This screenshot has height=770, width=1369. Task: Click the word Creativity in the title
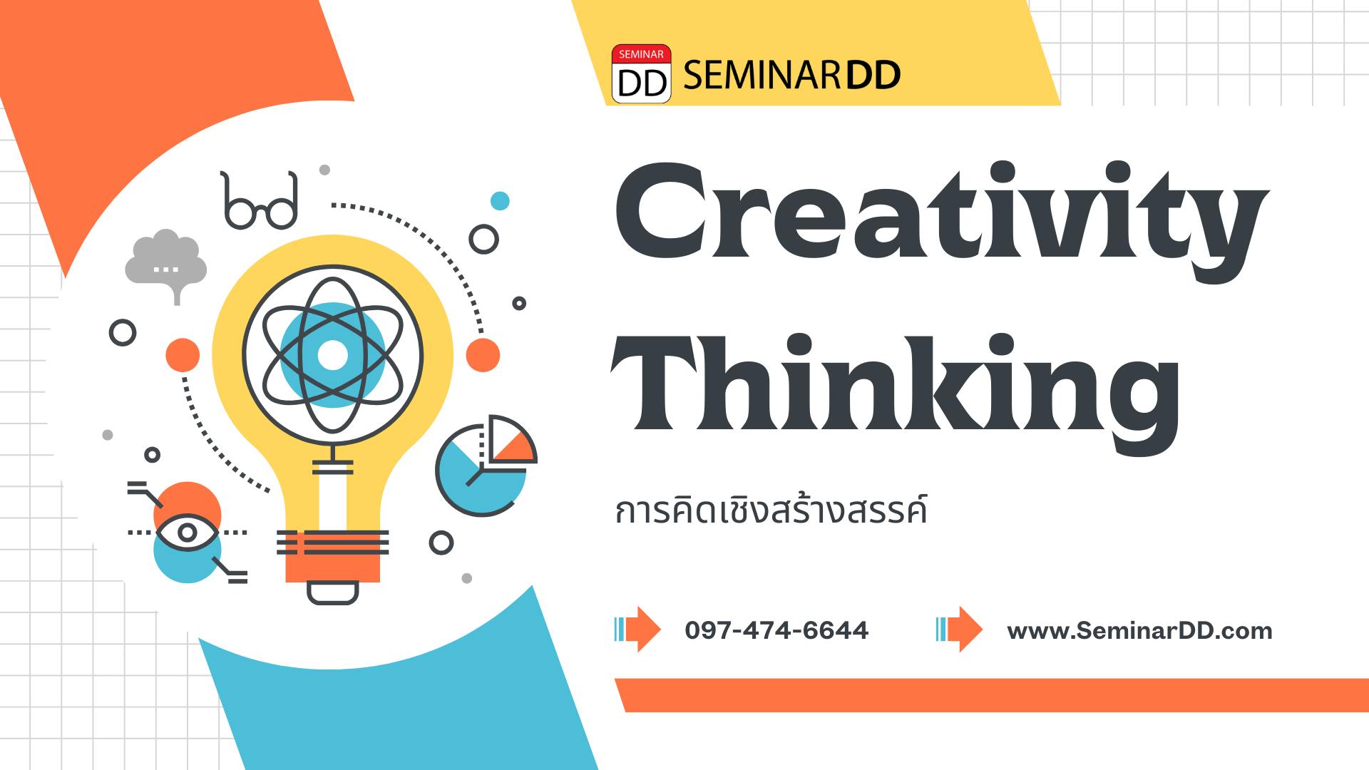coord(941,221)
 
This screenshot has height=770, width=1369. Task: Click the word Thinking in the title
coord(896,394)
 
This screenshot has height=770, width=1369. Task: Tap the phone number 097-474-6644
coord(776,630)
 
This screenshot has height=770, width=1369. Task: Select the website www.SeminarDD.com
coord(1139,631)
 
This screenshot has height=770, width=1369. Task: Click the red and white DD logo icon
coord(641,74)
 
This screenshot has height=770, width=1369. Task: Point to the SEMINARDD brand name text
coord(792,75)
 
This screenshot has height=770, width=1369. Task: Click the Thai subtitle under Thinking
coord(771,510)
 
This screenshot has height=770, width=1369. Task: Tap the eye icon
coord(188,533)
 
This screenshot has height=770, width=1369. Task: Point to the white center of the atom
coord(332,355)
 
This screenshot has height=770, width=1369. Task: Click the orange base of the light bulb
coord(332,557)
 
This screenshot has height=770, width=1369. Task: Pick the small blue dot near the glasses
coord(500,201)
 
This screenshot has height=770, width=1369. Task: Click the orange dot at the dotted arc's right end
coord(483,355)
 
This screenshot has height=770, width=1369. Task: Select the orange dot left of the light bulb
coord(183,355)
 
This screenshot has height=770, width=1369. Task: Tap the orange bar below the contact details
coord(992,695)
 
